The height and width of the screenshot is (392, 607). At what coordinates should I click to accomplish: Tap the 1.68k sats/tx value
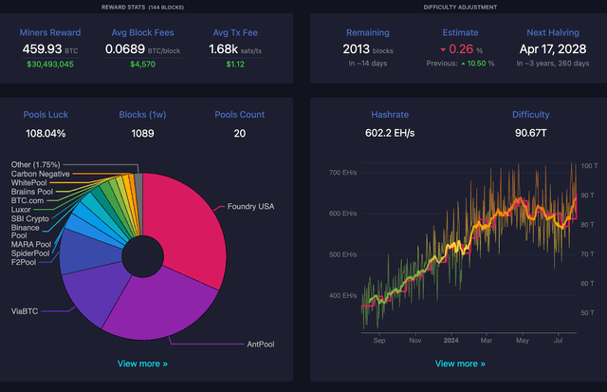click(235, 48)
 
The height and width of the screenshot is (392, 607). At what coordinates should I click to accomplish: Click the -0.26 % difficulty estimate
click(461, 48)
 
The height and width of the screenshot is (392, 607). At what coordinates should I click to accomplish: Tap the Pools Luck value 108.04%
click(46, 134)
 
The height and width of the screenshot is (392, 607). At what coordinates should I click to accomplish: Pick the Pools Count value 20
click(238, 134)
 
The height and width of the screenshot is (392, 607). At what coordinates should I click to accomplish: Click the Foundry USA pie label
click(251, 206)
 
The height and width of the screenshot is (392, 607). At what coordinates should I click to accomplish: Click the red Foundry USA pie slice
click(190, 228)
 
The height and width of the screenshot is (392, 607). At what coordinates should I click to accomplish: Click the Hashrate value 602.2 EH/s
click(393, 134)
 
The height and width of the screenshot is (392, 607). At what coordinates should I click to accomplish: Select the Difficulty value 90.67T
click(531, 134)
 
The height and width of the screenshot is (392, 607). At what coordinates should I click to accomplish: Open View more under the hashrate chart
click(459, 363)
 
